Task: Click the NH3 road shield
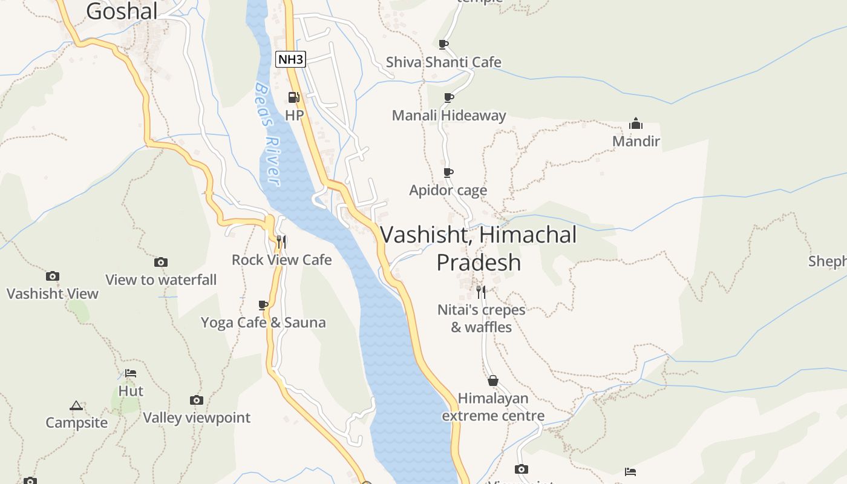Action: (290, 59)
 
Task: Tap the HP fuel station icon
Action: (294, 97)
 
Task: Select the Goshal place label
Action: (122, 11)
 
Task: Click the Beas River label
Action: (267, 134)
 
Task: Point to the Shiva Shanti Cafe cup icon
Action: (443, 44)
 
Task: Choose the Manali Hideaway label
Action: (449, 116)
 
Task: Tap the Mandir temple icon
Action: (636, 124)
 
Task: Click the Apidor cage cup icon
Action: (448, 172)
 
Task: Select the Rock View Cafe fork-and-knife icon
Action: (281, 242)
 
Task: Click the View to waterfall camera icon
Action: (160, 262)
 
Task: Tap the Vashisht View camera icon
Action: (53, 276)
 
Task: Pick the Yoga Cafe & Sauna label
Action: (263, 322)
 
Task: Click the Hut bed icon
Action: (131, 373)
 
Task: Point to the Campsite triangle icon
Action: (76, 405)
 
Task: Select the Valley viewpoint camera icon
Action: (197, 400)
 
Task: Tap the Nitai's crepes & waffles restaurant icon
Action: (481, 292)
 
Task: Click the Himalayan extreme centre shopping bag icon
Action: (493, 381)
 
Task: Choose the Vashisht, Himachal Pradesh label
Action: (479, 248)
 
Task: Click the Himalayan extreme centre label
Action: (493, 407)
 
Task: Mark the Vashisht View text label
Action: (53, 294)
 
